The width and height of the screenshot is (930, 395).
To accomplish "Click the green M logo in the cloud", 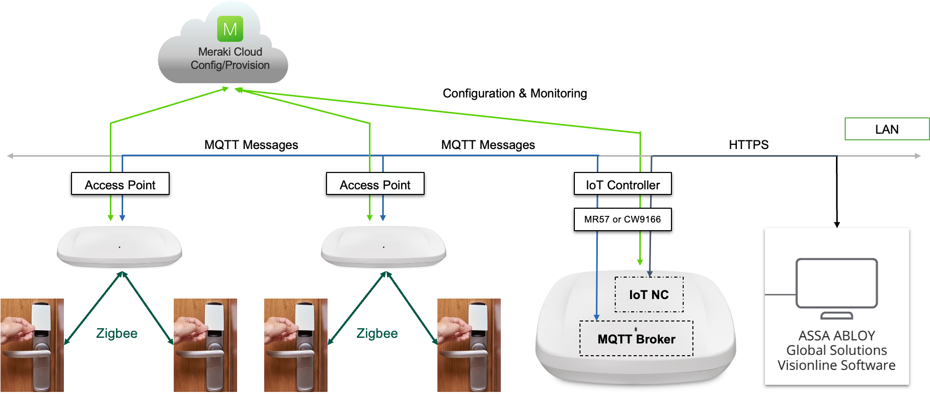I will click(x=230, y=29).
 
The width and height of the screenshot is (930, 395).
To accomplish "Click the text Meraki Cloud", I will click(x=230, y=52).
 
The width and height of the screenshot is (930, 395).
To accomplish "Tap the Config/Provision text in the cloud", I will click(x=230, y=65).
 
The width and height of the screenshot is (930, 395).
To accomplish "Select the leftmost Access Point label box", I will click(x=120, y=185).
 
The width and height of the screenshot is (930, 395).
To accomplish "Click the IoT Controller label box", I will click(x=622, y=185).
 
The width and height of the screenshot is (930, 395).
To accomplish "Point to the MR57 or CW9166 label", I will click(x=622, y=219).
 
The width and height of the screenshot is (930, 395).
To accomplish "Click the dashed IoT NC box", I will click(x=649, y=294).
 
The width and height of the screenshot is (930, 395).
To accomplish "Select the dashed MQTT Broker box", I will click(x=636, y=339).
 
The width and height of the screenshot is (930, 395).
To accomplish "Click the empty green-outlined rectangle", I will click(x=887, y=129).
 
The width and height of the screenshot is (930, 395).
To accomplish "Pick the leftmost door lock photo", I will click(x=32, y=345).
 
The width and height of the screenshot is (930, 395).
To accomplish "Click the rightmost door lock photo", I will click(x=469, y=345).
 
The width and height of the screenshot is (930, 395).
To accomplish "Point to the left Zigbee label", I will click(x=117, y=334).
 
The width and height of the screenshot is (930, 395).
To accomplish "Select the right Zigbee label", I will click(x=377, y=334).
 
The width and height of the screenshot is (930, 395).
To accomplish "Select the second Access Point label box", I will click(x=375, y=185).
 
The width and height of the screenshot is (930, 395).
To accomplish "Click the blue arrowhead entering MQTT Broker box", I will click(x=596, y=317).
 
